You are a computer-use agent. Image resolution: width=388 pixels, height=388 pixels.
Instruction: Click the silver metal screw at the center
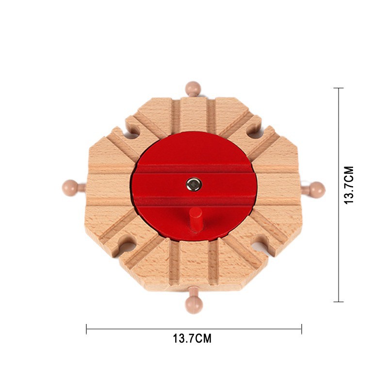tap(194, 184)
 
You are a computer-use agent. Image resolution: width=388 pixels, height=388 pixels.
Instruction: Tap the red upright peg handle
tap(196, 219)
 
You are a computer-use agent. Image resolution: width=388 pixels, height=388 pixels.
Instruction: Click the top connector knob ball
tap(193, 88)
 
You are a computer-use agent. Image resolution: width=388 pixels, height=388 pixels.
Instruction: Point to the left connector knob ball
tap(70, 188)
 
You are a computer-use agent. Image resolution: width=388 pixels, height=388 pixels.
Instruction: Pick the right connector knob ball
tap(317, 190)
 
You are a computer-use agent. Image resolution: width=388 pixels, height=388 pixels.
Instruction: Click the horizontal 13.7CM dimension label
tap(192, 339)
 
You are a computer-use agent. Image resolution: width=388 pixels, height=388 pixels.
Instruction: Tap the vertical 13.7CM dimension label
tap(349, 185)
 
